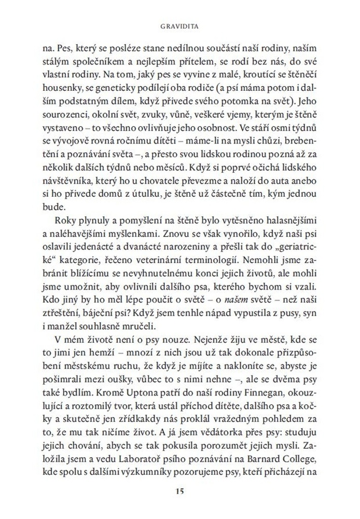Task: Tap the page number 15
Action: point(180,491)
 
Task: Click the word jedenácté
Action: point(91,252)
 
